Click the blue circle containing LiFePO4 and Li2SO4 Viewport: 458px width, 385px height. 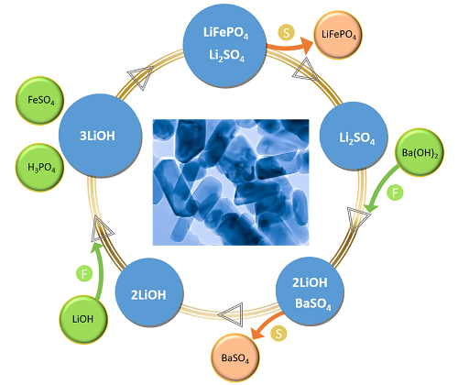(225, 45)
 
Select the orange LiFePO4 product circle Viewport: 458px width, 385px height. (338, 35)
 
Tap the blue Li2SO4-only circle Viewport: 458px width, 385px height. (354, 136)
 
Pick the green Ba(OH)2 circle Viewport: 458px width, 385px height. (420, 152)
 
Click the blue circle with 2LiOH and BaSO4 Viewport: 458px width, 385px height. (311, 291)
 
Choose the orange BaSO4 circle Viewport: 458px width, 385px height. (235, 357)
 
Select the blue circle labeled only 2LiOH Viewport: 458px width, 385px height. (149, 292)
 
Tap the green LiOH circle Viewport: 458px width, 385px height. (83, 319)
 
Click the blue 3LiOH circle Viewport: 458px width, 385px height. (100, 135)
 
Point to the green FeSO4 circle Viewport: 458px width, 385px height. (39, 101)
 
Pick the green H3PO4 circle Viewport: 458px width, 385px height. (40, 168)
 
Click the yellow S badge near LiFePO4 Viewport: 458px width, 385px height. (287, 32)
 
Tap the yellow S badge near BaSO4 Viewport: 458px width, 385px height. (278, 333)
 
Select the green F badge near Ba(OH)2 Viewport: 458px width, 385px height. (395, 192)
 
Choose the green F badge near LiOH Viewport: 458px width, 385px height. (84, 273)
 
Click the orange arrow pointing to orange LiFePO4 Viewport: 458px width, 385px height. (290, 47)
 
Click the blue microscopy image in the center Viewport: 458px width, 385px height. (231, 182)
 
